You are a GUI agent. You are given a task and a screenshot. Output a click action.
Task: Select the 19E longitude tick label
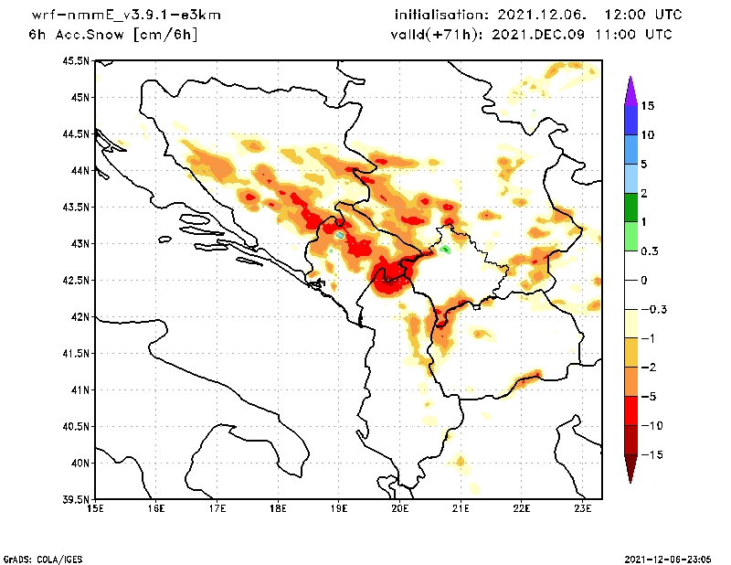click(x=339, y=508)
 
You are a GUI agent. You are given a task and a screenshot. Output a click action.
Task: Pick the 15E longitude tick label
click(x=94, y=508)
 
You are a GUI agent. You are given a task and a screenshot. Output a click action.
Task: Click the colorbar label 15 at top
click(x=648, y=106)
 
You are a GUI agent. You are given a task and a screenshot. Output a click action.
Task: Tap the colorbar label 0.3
click(x=651, y=251)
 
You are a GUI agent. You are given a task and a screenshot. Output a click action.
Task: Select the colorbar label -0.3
click(x=653, y=309)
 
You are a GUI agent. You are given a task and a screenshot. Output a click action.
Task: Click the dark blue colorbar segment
click(x=630, y=120)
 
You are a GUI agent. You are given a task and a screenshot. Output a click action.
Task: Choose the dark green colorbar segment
click(x=630, y=207)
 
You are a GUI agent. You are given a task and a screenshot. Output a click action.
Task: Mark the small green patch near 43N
click(x=445, y=249)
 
